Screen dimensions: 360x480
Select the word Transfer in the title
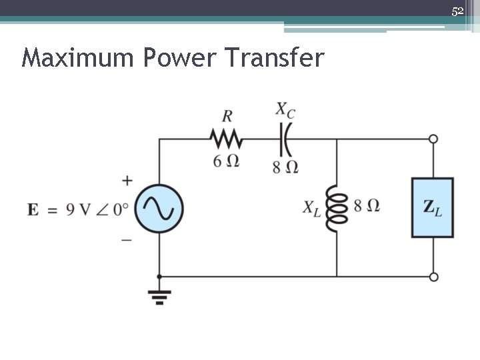pos(275,58)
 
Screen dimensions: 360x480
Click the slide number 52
pos(457,11)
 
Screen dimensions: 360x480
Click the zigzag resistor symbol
pos(227,139)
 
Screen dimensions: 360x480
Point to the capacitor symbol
pos(286,139)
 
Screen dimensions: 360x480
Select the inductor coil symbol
pos(337,208)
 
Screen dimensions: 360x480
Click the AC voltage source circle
pos(159,208)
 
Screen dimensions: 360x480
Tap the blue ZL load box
pos(433,207)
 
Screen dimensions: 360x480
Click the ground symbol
pos(159,297)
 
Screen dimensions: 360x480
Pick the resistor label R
pos(227,116)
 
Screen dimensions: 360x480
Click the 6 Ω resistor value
pos(226,161)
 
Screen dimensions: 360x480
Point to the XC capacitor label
pos(285,109)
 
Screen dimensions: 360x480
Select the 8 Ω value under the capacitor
pos(285,167)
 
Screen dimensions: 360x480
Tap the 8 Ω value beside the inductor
pos(367,205)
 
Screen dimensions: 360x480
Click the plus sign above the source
pos(127,180)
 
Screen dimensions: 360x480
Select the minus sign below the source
pos(127,239)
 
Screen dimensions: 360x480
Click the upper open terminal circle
pos(433,139)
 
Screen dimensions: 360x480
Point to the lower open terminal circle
pos(433,277)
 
